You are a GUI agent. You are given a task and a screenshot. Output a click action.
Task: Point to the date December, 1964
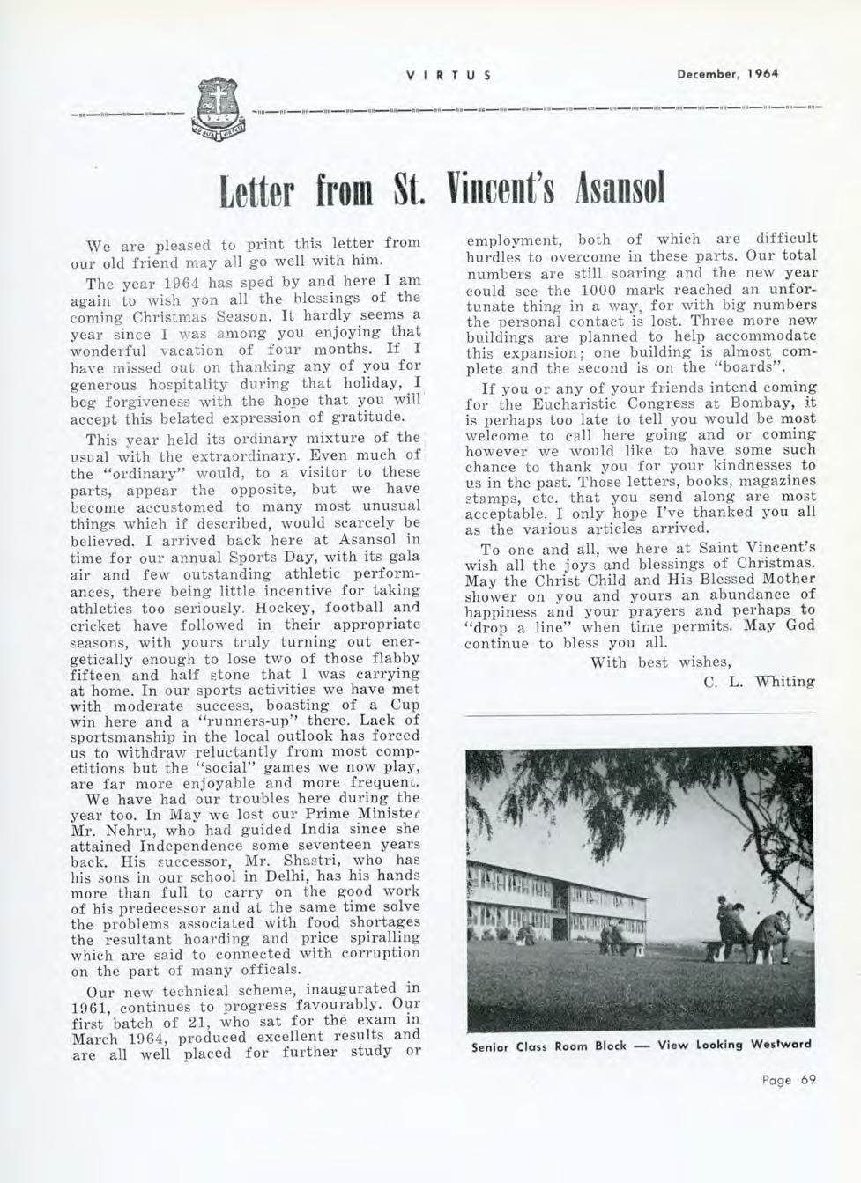[728, 74]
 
